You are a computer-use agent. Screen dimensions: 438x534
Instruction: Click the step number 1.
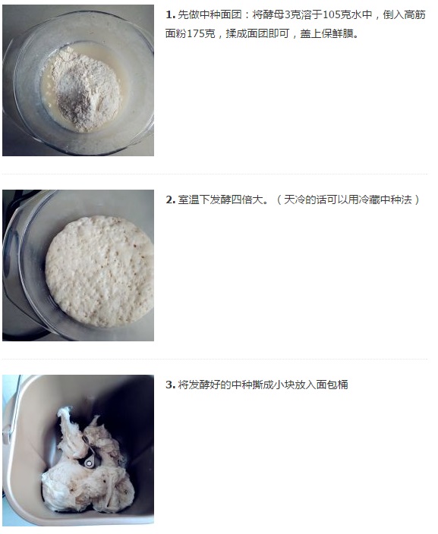coord(171,15)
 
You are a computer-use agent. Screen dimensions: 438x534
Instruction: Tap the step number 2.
coord(171,200)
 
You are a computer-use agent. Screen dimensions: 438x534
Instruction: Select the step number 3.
coord(171,385)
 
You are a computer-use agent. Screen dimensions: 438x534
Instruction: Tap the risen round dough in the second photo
coord(99,271)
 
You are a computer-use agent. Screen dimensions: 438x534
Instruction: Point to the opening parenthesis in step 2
coord(279,200)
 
